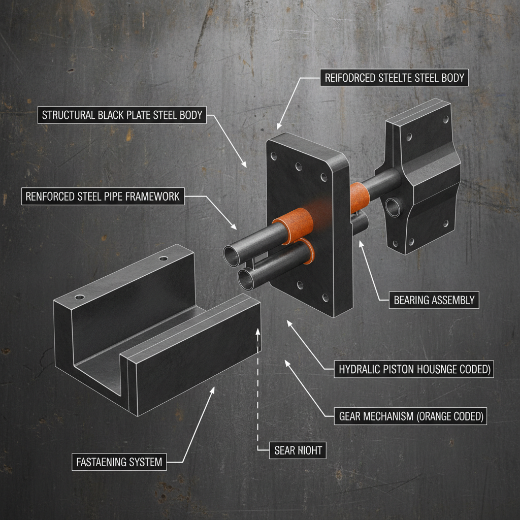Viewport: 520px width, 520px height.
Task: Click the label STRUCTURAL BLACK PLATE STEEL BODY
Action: pyautogui.click(x=121, y=115)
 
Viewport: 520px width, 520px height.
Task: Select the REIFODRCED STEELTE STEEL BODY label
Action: pyautogui.click(x=394, y=78)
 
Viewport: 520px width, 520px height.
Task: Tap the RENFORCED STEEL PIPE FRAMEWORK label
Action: pyautogui.click(x=103, y=196)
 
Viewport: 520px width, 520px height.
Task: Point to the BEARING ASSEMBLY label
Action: pyautogui.click(x=434, y=300)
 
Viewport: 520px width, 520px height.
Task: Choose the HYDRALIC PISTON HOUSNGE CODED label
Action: pyautogui.click(x=414, y=370)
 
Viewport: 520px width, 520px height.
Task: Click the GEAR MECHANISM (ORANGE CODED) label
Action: pyautogui.click(x=410, y=417)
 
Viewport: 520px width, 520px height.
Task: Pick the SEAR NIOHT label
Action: pyautogui.click(x=298, y=449)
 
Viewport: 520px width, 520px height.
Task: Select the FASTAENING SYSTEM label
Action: pyautogui.click(x=119, y=462)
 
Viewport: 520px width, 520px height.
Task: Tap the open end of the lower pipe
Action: pyautogui.click(x=247, y=279)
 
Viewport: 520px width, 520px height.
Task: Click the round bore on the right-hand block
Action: pyautogui.click(x=393, y=206)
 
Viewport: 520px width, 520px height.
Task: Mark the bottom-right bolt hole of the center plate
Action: pyautogui.click(x=326, y=299)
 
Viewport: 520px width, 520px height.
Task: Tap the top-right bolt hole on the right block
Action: pyautogui.click(x=445, y=120)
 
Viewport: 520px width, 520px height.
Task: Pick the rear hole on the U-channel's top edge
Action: pyautogui.click(x=162, y=258)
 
